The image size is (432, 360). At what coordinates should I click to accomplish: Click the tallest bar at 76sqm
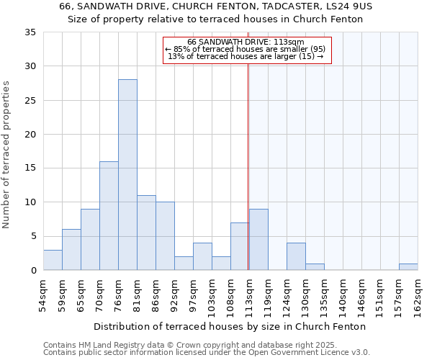(127, 175)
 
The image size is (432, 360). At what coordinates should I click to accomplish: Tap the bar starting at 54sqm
(53, 260)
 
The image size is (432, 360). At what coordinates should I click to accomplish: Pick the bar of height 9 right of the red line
(258, 240)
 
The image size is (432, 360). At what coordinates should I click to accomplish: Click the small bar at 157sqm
(408, 267)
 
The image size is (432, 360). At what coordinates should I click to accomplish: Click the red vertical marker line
(248, 180)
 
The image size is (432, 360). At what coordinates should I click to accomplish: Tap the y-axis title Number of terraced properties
(6, 155)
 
